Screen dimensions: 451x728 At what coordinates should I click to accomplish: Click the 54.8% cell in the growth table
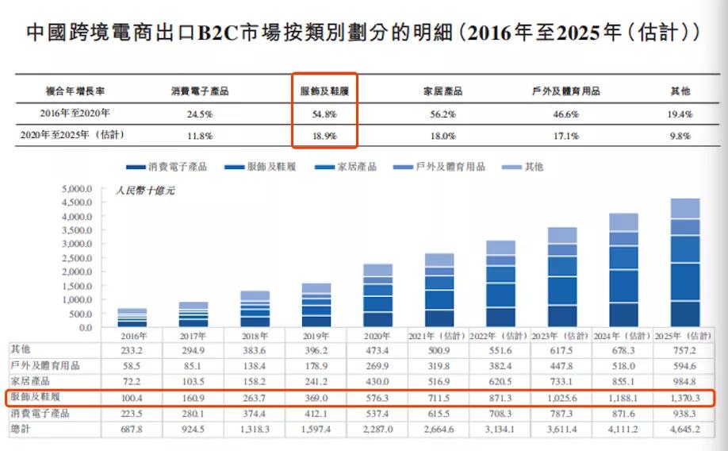point(324,114)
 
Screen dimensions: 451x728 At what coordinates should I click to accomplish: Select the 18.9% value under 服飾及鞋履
point(324,137)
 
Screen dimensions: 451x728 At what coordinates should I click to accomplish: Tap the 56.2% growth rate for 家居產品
point(443,114)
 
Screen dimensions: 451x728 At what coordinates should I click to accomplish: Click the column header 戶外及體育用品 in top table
point(565,91)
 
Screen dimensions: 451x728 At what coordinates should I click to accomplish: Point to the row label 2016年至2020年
point(75,114)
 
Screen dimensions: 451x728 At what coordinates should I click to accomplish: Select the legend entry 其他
point(523,168)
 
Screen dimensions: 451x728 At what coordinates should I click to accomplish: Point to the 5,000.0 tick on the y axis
point(77,190)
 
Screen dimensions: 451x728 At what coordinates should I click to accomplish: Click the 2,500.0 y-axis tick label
point(77,259)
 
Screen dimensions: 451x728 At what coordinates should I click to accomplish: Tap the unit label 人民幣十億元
point(144,191)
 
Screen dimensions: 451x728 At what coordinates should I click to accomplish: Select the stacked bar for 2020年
point(377,295)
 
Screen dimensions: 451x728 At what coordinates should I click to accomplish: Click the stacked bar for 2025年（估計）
point(684,263)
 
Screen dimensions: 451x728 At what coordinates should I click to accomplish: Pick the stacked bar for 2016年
point(132,318)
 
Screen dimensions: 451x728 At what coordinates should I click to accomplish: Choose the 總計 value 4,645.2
point(684,429)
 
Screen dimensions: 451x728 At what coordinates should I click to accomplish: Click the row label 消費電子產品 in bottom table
point(40,413)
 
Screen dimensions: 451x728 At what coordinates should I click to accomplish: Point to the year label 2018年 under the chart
point(255,335)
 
